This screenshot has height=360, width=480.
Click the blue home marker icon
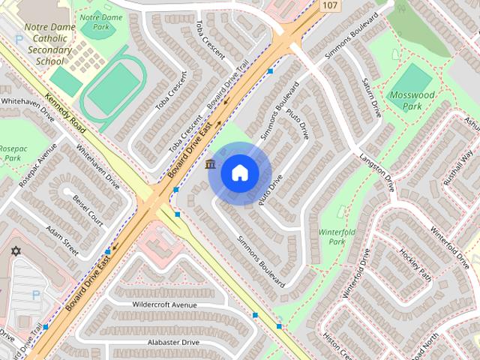[x=239, y=172]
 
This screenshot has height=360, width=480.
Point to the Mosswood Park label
[x=412, y=101]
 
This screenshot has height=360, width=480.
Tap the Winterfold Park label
[x=337, y=236]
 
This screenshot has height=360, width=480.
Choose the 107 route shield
[x=329, y=6]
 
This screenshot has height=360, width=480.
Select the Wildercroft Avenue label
[x=164, y=305]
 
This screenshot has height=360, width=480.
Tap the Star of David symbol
[x=15, y=250]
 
